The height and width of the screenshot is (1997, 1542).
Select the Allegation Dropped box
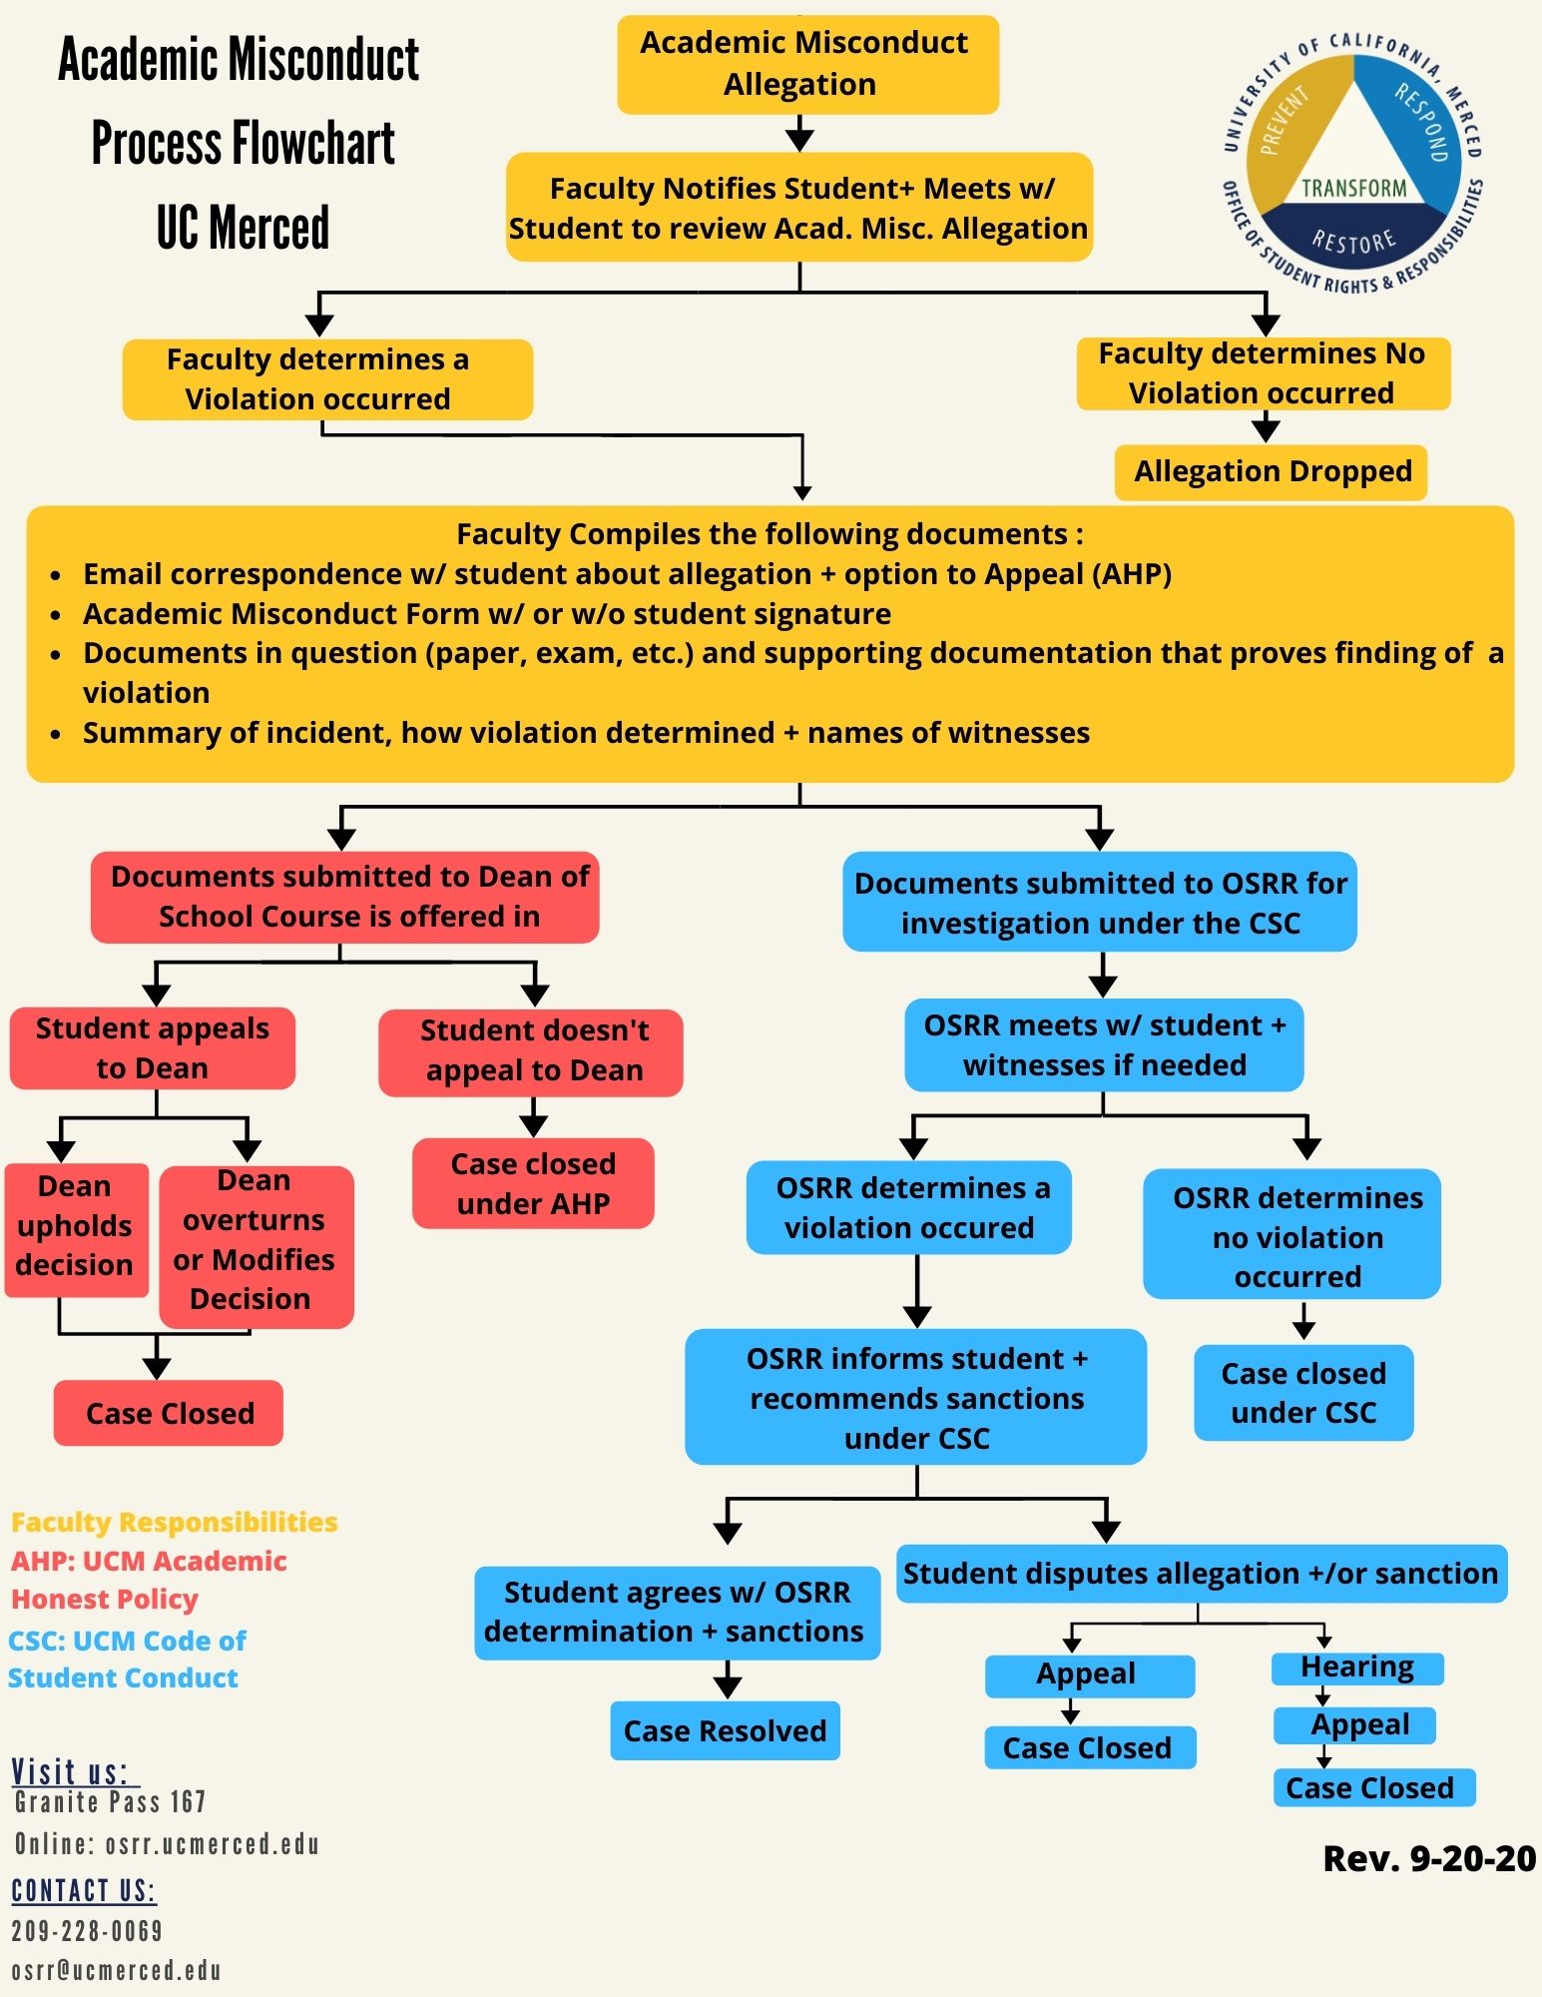point(1271,472)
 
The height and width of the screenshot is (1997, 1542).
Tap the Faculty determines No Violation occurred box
point(1262,373)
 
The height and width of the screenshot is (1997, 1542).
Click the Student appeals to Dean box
point(153,1048)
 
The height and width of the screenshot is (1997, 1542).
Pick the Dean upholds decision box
point(76,1227)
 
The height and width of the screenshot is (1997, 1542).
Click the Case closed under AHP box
point(533,1184)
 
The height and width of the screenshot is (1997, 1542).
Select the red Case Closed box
point(169,1413)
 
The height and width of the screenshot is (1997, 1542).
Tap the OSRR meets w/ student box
point(1104,1045)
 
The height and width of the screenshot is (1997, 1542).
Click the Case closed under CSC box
point(1303,1393)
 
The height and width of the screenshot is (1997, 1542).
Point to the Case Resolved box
point(725,1730)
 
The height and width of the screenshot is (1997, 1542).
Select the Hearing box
point(1356,1667)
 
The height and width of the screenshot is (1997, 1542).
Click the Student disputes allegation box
point(1201,1574)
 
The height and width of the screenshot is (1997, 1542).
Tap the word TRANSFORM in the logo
point(1353,188)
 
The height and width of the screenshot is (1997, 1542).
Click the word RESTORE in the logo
point(1353,241)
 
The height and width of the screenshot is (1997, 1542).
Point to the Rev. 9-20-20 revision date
point(1428,1858)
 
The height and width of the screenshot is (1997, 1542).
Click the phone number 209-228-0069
point(87,1930)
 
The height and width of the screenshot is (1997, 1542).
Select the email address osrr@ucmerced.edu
point(116,1970)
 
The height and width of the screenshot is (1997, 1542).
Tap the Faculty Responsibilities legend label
point(175,1522)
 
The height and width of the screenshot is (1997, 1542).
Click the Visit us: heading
point(71,1771)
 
